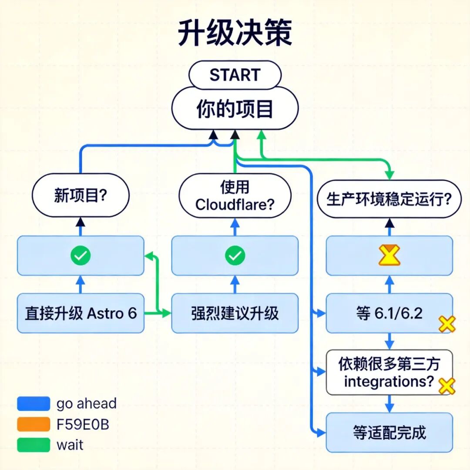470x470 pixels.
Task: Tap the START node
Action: [x=235, y=75]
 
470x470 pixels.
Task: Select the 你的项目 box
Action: [x=235, y=109]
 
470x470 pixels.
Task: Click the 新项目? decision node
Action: [x=81, y=195]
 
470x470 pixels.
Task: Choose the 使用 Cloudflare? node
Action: [x=235, y=196]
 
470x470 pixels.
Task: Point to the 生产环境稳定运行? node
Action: [x=389, y=199]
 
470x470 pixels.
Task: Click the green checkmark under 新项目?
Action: [x=81, y=256]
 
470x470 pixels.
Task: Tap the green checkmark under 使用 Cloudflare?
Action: [x=235, y=256]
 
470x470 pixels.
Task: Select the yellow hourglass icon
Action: [x=389, y=255]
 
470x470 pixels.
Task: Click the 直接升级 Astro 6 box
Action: [x=81, y=313]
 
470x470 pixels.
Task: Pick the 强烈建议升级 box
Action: [x=235, y=313]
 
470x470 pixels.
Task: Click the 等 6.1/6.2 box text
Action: [x=389, y=313]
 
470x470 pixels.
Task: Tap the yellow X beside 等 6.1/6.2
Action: [x=446, y=324]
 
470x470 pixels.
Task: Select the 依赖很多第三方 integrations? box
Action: [x=389, y=373]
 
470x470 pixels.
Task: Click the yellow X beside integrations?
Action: [x=446, y=386]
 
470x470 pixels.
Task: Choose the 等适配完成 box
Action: [x=389, y=433]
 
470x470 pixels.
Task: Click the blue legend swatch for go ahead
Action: [x=34, y=403]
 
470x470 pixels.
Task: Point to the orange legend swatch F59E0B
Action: [x=34, y=424]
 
